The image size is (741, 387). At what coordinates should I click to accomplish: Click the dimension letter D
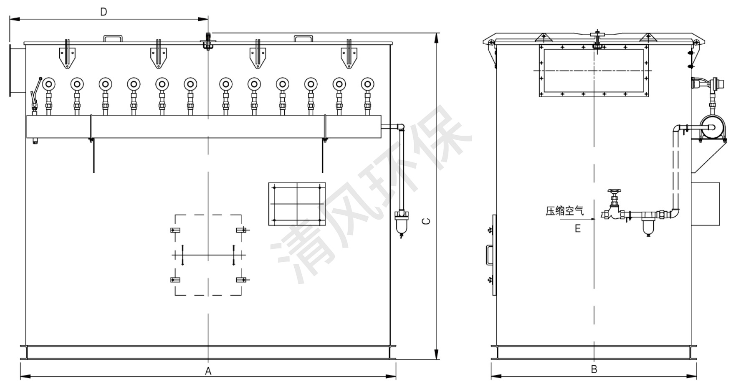click(104, 12)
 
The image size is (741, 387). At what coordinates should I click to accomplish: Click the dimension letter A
click(208, 371)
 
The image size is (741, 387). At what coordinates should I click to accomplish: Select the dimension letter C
click(426, 221)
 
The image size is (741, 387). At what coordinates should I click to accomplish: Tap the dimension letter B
click(594, 369)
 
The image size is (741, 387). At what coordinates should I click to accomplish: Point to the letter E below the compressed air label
click(578, 228)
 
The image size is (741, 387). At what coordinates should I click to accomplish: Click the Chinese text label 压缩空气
click(564, 211)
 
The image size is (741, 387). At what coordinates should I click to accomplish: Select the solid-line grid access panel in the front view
click(297, 204)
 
